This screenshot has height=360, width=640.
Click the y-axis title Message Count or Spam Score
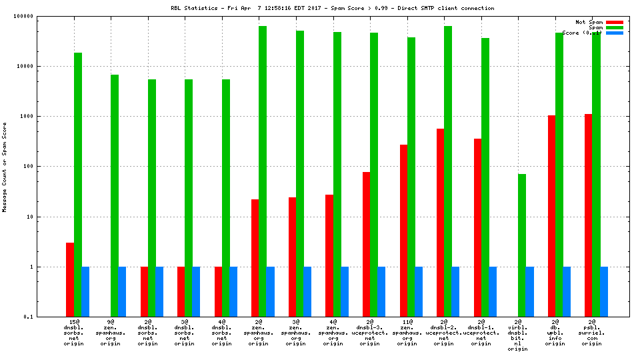(x=5, y=167)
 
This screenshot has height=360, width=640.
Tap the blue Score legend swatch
(x=615, y=33)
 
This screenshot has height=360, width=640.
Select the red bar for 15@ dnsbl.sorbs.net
(x=70, y=279)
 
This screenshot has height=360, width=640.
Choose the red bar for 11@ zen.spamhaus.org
(x=403, y=231)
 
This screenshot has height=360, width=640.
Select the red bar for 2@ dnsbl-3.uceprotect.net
(x=367, y=244)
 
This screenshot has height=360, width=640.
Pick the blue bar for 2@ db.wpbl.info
(x=567, y=291)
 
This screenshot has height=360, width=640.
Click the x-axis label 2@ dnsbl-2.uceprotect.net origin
(x=443, y=333)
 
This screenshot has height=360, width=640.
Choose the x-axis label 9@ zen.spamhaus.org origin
(x=111, y=333)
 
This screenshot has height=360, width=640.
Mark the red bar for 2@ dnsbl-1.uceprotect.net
(x=477, y=227)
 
